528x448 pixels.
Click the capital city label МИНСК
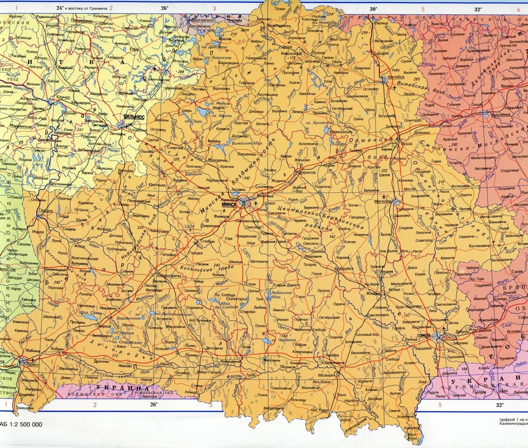point(229,204)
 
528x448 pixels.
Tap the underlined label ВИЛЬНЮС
point(134,117)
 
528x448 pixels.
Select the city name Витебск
point(396,77)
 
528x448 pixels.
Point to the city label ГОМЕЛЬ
point(424,335)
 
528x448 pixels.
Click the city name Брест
point(33,365)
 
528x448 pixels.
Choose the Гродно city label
point(46,211)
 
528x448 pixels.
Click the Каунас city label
point(63,97)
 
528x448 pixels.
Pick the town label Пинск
point(166,364)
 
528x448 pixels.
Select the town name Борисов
point(307,173)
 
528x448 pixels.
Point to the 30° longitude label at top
point(373,9)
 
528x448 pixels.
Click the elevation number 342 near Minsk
point(246,178)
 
